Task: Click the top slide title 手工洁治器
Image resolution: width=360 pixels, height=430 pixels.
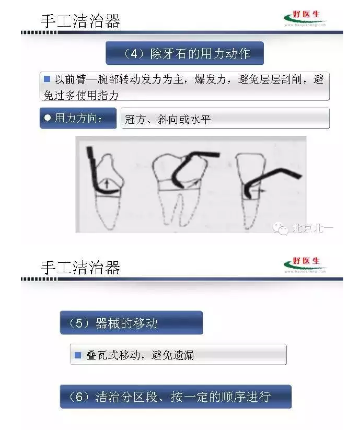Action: point(80,21)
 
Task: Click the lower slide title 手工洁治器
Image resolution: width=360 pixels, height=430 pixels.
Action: point(80,267)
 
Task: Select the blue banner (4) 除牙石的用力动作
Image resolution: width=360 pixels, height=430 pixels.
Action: point(184,53)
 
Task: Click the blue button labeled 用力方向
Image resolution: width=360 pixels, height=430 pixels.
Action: point(78,118)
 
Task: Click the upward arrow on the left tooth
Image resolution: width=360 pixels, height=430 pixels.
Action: point(107,183)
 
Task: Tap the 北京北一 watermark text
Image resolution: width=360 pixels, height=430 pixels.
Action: point(312,228)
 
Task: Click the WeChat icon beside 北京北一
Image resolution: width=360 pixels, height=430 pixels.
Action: point(283,229)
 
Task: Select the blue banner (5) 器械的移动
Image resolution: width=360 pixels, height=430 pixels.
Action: point(131,323)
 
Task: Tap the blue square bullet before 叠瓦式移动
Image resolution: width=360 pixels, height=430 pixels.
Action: point(78,355)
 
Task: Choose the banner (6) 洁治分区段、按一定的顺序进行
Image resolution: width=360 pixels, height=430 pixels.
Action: point(175,397)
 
